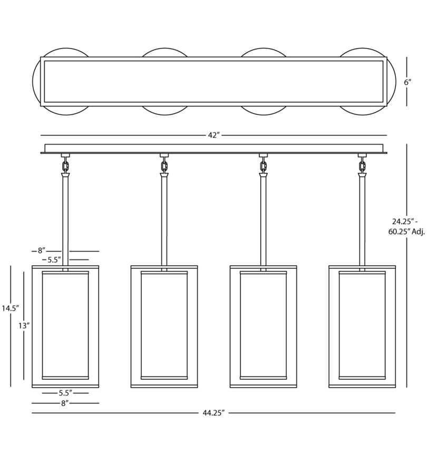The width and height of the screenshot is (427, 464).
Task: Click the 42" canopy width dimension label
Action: point(213,135)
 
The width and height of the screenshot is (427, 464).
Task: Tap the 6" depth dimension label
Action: point(407,82)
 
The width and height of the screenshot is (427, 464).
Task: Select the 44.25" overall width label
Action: point(213,413)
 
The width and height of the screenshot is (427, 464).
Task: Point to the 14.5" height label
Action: point(11,308)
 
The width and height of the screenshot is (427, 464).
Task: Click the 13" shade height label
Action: point(24,326)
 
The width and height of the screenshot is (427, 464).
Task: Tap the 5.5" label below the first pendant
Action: point(65,393)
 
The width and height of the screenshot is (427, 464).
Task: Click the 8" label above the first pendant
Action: point(41,250)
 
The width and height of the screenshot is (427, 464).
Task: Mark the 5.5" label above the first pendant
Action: point(54,260)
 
